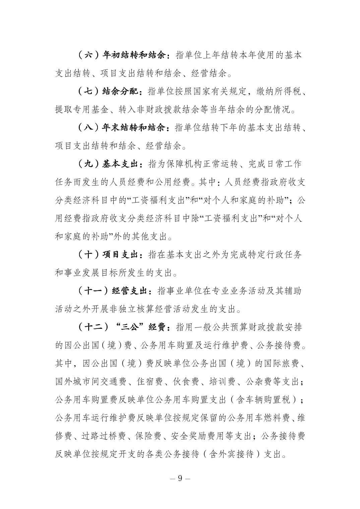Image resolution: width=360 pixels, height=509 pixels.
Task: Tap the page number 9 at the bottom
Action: tap(180, 478)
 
